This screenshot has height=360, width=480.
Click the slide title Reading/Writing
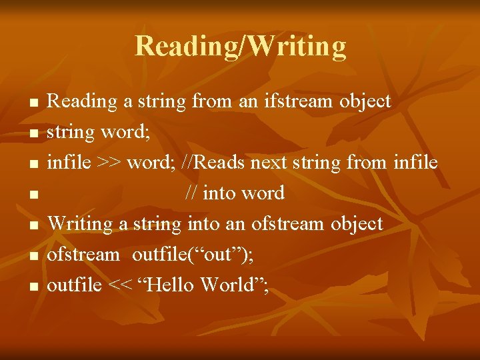240,47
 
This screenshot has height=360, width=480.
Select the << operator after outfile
120,285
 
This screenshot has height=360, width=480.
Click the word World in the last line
231,285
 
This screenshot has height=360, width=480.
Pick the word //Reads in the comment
213,163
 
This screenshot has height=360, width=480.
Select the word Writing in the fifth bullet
81,224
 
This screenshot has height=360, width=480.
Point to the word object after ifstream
365,101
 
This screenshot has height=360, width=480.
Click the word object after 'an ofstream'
357,224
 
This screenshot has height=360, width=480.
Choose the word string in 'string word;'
71,133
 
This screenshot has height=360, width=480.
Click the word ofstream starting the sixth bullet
83,255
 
